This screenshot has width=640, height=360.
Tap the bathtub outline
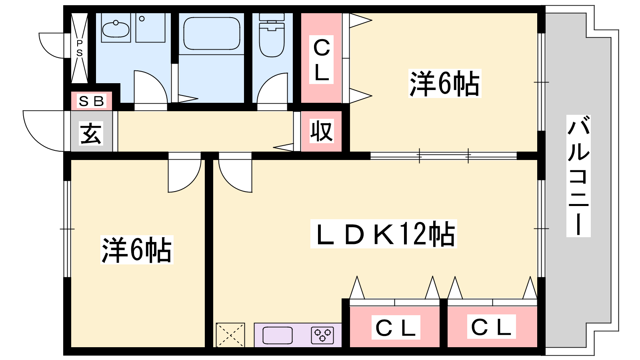pos(212,34)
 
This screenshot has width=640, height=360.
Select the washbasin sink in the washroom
pos(116,28)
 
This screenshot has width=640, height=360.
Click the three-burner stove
pos(322,335)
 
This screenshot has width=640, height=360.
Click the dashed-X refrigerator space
pos(230,335)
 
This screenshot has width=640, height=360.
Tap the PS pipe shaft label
pos(80,48)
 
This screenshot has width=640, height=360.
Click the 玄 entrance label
pos(91,134)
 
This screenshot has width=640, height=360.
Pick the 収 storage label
pos(322,131)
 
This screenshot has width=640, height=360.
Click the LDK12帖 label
pos(384,234)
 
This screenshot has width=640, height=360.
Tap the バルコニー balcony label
pos(578,176)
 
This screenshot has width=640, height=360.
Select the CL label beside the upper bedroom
pos(322,60)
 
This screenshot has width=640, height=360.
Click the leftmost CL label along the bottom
pos(396,328)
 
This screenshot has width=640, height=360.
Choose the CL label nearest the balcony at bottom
pos(492,327)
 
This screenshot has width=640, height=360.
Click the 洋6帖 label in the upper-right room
pos(444,84)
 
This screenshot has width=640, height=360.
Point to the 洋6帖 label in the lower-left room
pos(137,250)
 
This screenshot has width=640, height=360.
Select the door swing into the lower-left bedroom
pos(184,172)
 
